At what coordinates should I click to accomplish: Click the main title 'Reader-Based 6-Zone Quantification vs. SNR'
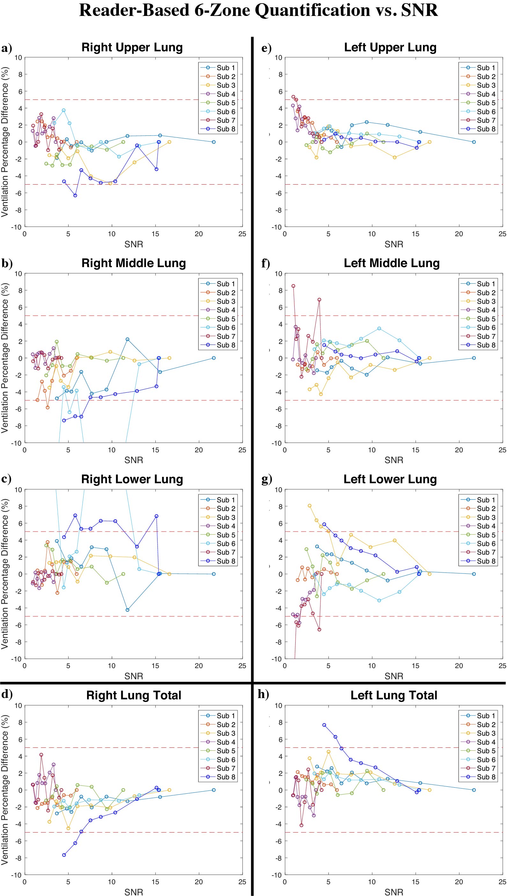click(258, 10)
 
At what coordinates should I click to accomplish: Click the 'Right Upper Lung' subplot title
click(132, 47)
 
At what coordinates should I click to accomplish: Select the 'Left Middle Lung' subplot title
click(392, 263)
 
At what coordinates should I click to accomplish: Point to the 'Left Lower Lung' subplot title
click(390, 479)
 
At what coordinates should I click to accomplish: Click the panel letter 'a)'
click(7, 48)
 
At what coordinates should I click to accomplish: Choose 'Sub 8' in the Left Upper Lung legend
click(486, 129)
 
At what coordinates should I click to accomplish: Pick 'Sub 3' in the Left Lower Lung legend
click(486, 517)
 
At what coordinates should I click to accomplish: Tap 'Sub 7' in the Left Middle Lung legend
click(486, 336)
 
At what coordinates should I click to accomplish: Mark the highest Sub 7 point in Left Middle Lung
click(293, 286)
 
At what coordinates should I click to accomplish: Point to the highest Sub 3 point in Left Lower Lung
click(310, 506)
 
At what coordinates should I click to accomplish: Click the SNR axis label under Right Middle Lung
click(134, 460)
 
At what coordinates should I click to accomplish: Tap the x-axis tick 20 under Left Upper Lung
click(459, 234)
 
